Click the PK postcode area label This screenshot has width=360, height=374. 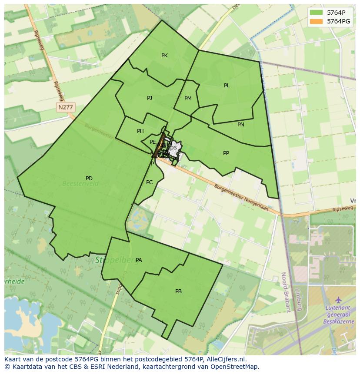(164, 56)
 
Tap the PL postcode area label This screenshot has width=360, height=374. (227, 86)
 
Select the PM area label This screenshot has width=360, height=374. (188, 99)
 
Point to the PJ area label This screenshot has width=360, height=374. (150, 98)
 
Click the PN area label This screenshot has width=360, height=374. (241, 125)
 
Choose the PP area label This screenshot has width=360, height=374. (226, 153)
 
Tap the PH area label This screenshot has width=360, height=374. (140, 131)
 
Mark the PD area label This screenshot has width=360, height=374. (89, 179)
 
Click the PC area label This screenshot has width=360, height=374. (150, 182)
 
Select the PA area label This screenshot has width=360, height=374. (139, 260)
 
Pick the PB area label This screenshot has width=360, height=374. (178, 291)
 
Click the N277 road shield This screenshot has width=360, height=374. (66, 107)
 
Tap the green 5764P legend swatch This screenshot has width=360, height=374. (317, 13)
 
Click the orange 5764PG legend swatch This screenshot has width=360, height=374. (317, 21)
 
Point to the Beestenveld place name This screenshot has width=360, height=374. (80, 184)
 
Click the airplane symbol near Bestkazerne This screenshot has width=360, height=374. (338, 300)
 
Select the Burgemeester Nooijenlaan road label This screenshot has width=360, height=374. (241, 198)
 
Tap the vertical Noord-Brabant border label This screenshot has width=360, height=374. (285, 292)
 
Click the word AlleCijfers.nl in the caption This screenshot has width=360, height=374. (227, 359)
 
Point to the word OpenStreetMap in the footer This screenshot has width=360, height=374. (235, 367)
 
